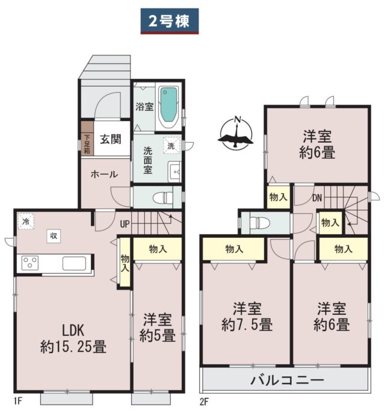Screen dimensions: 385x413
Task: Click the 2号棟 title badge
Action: coord(170,21)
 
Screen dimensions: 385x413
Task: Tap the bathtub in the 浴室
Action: coord(168,106)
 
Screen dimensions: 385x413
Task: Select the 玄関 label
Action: coord(111,139)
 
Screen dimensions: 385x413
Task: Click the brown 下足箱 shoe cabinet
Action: coord(87,138)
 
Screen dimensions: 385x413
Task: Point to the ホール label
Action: coord(104,174)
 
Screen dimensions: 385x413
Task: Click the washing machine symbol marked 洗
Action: coord(171,146)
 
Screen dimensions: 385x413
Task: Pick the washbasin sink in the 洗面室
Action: coord(174,172)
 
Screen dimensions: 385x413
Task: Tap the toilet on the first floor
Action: coord(162,197)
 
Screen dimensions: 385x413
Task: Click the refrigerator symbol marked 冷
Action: coord(26,221)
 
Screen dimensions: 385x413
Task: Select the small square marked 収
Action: coord(54,236)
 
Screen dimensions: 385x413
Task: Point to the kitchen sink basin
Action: coord(74,263)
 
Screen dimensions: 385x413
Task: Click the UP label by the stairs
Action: coord(125,224)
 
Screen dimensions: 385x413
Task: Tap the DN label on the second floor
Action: coord(317,198)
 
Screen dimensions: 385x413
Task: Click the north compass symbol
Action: coord(236,133)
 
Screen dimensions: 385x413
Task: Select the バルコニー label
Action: coord(287,380)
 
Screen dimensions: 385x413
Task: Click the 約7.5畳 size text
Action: coord(247,324)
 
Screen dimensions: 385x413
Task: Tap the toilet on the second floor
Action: coord(260,223)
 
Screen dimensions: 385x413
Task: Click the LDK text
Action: coord(73,331)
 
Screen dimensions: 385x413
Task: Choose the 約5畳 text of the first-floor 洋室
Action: coord(158,335)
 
